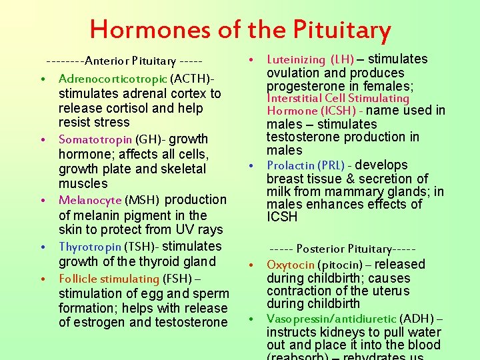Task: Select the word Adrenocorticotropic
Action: pos(112,79)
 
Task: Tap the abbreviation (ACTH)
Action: pos(190,79)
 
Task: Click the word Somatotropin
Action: pos(95,139)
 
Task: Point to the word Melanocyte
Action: pos(90,200)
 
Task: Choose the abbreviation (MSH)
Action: pos(142,200)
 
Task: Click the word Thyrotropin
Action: pos(89,247)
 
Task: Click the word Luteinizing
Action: pos(295,60)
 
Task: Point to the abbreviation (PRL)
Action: pos(331,165)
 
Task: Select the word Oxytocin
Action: pos(290,265)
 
